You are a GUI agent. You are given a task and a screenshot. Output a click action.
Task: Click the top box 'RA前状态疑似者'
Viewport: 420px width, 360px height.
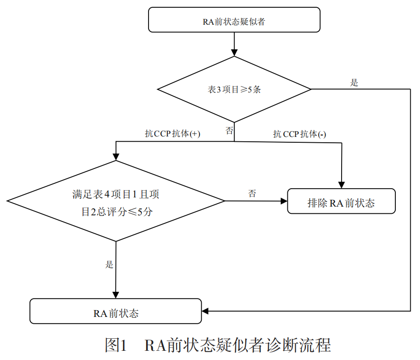pos(234,20)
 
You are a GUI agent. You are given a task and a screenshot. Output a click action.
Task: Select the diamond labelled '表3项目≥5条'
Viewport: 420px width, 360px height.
pos(234,89)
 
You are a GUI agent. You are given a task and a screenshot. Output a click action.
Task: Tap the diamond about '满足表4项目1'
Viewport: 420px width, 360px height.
pos(116,201)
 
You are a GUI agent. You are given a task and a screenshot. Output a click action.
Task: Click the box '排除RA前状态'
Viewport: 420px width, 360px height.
pos(341,201)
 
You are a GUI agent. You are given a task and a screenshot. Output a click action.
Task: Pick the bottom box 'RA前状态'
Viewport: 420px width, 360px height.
pos(116,311)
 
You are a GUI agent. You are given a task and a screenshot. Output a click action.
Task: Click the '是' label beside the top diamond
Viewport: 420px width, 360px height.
pos(354,82)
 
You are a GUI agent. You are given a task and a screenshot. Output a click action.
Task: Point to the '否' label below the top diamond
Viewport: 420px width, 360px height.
pos(229,131)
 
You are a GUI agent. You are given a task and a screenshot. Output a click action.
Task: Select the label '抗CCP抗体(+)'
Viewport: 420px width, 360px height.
pos(172,134)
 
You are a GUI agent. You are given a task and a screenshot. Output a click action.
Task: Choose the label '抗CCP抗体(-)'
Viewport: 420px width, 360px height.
pos(300,134)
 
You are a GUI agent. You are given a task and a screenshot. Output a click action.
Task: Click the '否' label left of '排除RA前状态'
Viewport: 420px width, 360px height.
pos(252,194)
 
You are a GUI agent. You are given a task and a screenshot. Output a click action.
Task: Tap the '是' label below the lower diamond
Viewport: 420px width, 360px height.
pos(109,265)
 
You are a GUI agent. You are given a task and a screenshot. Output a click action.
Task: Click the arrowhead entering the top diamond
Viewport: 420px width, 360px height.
pos(234,53)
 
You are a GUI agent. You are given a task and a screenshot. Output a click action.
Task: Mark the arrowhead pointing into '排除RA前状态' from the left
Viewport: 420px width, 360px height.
pos(284,201)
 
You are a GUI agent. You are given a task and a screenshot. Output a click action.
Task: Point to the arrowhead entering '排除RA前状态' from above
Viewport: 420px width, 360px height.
pos(342,185)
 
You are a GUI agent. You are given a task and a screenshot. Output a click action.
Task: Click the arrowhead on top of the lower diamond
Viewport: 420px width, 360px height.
pos(116,157)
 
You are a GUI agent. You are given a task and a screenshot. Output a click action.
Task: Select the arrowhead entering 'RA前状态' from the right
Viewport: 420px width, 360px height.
pos(205,311)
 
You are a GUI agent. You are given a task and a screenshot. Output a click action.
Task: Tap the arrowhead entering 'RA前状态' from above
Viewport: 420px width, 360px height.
pos(116,295)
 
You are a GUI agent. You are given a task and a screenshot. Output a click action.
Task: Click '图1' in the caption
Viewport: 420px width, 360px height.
pos(116,345)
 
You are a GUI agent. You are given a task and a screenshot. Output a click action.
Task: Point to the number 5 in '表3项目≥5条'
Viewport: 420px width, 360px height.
pos(250,90)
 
